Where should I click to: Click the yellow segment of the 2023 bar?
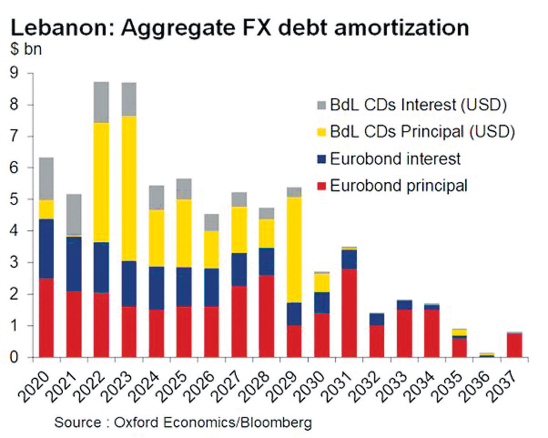[129, 189]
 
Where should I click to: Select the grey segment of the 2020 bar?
[46, 179]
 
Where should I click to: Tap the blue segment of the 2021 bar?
[74, 264]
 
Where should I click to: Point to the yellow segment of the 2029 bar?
[294, 250]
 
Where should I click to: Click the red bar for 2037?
[514, 345]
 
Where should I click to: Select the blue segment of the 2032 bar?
[377, 319]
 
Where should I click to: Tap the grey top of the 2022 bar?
[101, 102]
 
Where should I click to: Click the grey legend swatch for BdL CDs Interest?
[321, 105]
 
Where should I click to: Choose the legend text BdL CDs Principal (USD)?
[422, 132]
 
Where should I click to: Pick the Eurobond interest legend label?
[395, 159]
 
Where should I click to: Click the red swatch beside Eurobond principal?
[321, 186]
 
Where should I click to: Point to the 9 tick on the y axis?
[14, 73]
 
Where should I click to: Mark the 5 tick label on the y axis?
[14, 199]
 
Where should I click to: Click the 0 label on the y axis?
[14, 357]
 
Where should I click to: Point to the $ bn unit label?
[26, 49]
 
